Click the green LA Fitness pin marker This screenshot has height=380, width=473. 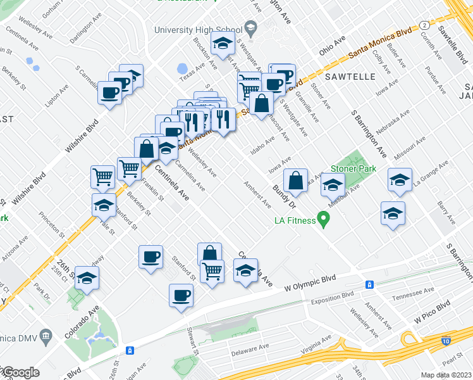(x=324, y=220)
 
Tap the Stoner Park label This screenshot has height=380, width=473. (x=353, y=168)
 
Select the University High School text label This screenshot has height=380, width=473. (x=198, y=30)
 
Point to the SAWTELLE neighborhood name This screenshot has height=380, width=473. (x=351, y=77)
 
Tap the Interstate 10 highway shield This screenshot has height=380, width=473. (x=447, y=341)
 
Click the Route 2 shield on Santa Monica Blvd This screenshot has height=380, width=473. (x=425, y=25)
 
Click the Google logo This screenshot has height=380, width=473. (x=20, y=372)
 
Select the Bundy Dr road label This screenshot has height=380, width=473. (x=284, y=196)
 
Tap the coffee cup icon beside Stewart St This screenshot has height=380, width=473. (x=181, y=295)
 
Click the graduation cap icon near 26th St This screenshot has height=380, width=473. (x=88, y=278)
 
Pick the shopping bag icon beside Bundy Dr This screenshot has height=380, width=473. (x=295, y=180)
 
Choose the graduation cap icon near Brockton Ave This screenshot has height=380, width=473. (x=222, y=44)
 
